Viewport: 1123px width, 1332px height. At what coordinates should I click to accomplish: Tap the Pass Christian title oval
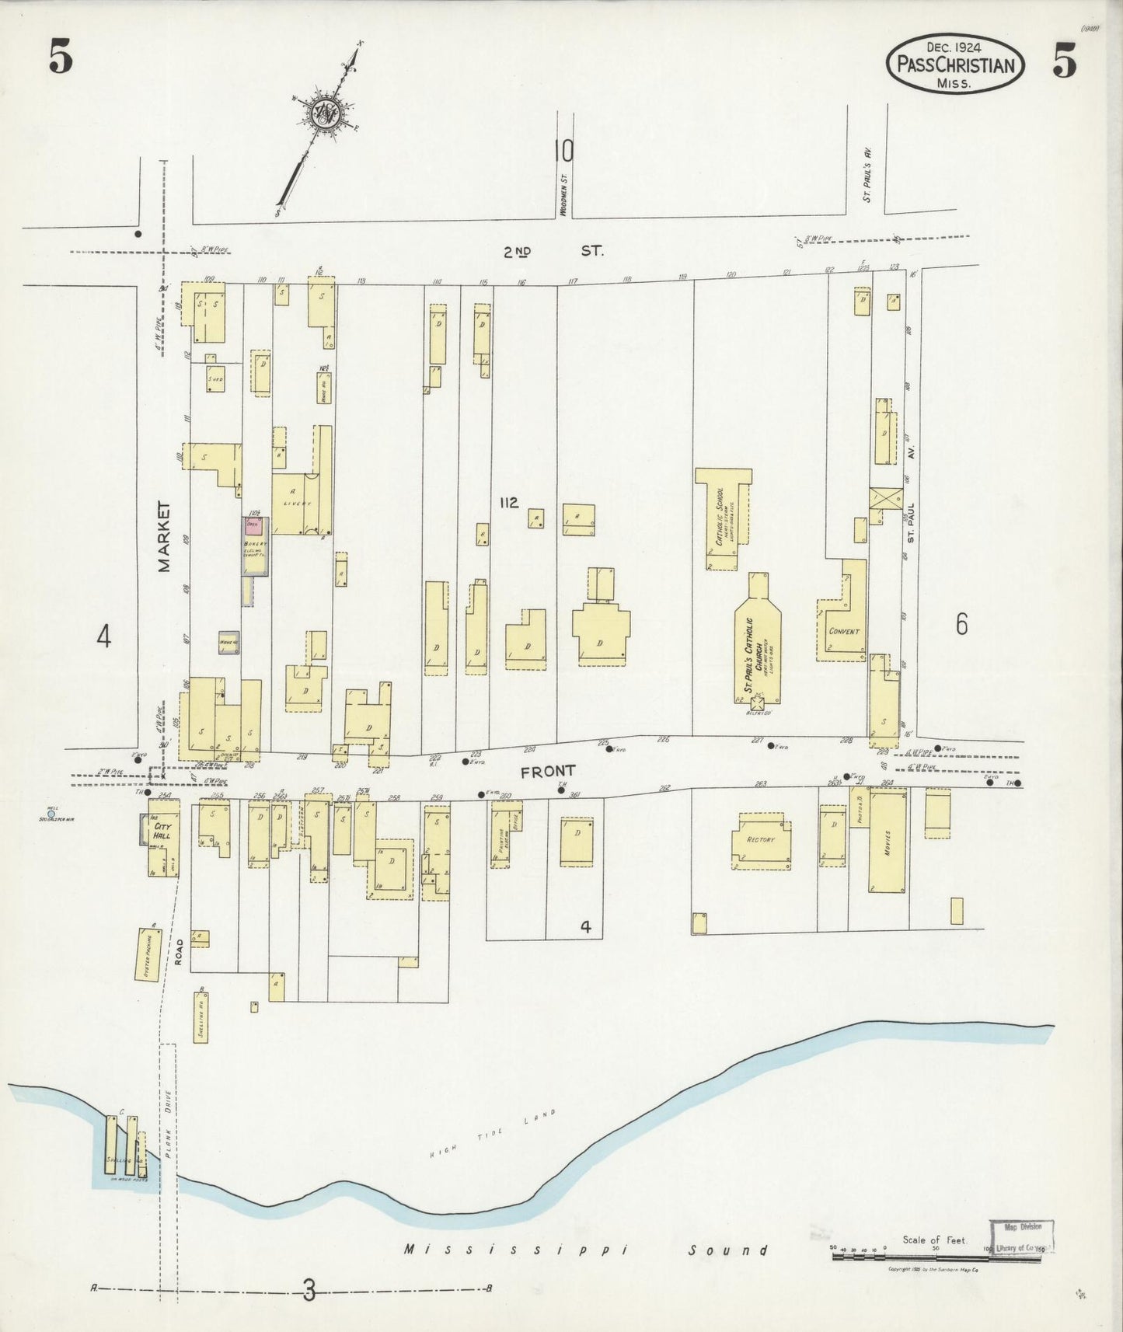tap(955, 65)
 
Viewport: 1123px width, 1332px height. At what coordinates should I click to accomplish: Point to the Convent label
tap(844, 631)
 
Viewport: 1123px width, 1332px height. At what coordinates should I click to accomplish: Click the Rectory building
tap(761, 840)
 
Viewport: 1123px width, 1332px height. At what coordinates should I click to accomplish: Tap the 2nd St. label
tap(551, 251)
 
